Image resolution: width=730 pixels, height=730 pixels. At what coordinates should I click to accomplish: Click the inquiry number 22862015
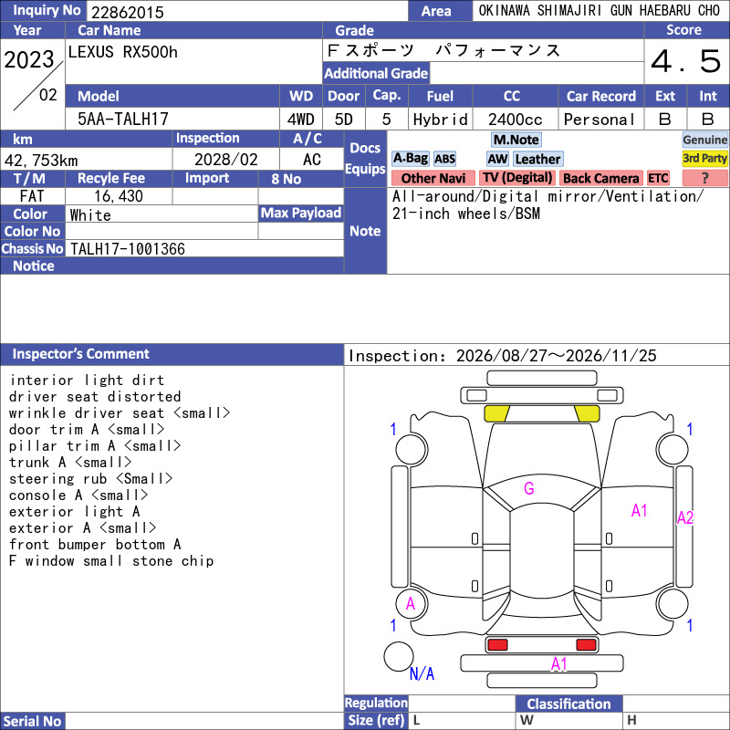[128, 12]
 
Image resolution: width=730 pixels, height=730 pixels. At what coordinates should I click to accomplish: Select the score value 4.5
[686, 61]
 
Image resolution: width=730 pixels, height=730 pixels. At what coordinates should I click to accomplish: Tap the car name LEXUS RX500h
[123, 52]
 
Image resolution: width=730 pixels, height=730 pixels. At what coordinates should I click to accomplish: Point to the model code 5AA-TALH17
[123, 120]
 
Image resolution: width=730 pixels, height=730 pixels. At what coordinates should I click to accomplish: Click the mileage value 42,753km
[41, 161]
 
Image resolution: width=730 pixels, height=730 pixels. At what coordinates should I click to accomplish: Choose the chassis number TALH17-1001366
[128, 249]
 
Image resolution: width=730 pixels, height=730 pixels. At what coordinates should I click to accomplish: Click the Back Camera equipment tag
[600, 178]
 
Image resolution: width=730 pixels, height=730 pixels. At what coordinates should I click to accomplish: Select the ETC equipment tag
[658, 178]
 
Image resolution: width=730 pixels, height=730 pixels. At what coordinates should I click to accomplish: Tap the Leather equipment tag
[537, 159]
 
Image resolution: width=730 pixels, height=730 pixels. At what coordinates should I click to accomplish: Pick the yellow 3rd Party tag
[704, 159]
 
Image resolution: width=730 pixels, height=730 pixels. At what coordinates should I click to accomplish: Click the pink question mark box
[704, 178]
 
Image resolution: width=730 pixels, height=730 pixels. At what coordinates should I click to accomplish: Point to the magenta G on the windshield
[529, 488]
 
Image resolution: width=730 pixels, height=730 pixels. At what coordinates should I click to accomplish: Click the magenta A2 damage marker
[685, 517]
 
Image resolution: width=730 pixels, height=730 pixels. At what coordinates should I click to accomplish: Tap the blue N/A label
[422, 673]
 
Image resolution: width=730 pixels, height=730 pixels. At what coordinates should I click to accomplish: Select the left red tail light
[497, 645]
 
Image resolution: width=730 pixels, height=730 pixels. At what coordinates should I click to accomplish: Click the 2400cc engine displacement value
[515, 120]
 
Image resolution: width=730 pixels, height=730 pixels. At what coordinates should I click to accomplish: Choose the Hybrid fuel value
[440, 120]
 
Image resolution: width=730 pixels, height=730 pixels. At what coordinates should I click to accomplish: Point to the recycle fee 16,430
[119, 196]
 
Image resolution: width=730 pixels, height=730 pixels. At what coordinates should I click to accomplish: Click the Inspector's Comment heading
[81, 354]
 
